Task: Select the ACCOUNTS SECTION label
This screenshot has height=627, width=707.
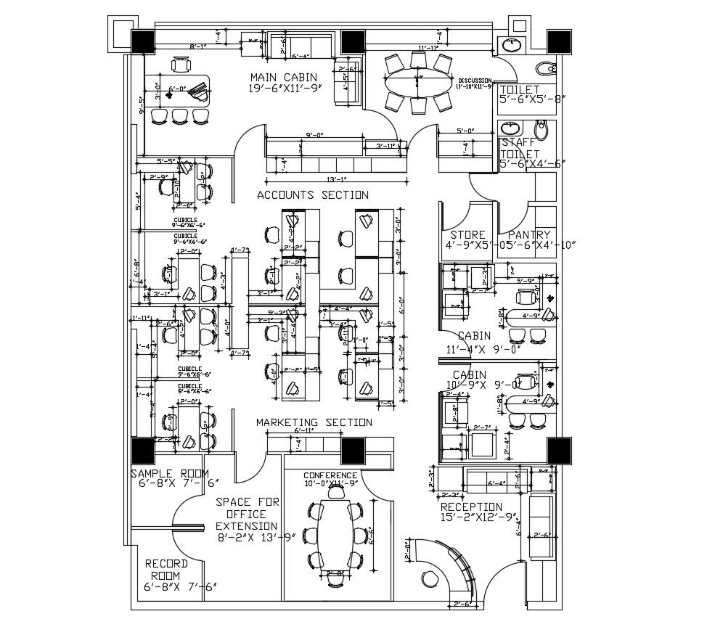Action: (x=313, y=194)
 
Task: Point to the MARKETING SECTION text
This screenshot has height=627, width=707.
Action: (x=314, y=422)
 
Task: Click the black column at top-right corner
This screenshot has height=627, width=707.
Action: (x=559, y=42)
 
